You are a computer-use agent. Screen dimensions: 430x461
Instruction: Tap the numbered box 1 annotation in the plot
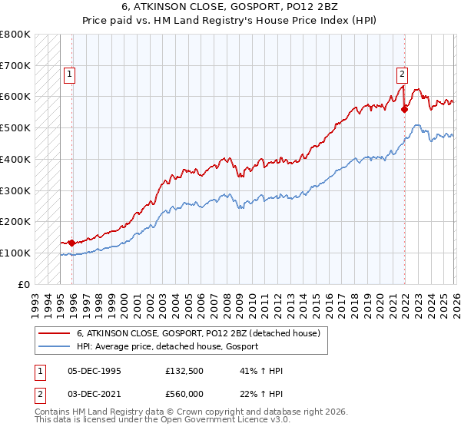(x=69, y=74)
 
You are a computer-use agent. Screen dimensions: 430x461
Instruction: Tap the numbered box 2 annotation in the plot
(x=402, y=74)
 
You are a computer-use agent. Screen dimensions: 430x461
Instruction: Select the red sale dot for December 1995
(x=71, y=243)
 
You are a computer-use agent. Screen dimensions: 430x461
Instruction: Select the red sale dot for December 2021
(x=404, y=109)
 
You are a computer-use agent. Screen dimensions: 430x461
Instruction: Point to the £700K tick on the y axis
(x=15, y=65)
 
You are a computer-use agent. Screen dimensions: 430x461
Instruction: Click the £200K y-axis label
(x=15, y=221)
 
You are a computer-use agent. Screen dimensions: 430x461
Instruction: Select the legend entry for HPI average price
(x=167, y=346)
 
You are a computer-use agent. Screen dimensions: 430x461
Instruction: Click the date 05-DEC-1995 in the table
(x=95, y=371)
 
